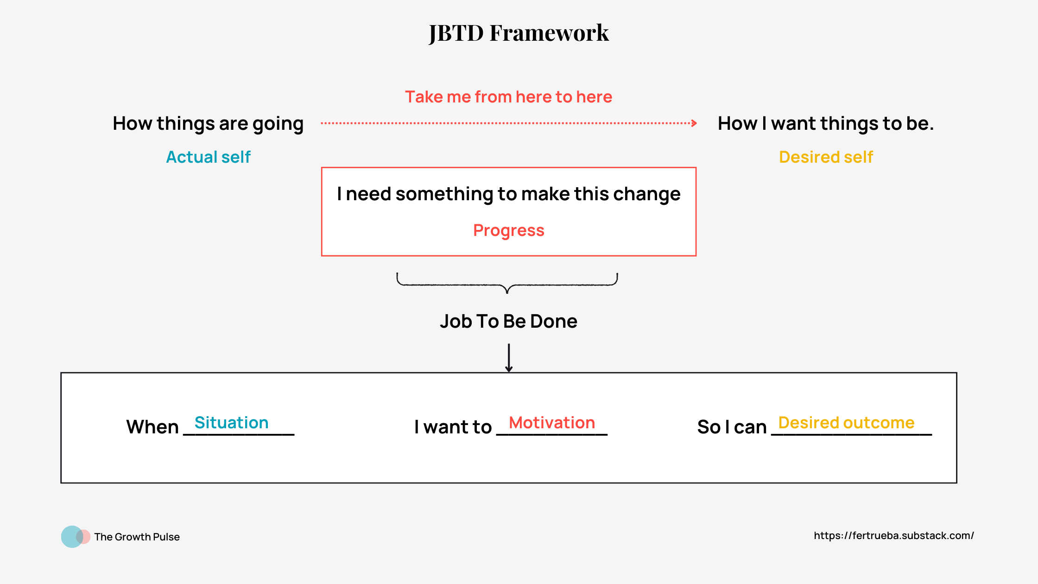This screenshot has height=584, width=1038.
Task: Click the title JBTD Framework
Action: [x=519, y=33]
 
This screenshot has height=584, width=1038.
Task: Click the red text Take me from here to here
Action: [x=508, y=97]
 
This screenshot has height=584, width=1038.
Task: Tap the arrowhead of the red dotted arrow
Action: [x=694, y=123]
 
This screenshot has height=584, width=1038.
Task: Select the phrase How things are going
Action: [x=208, y=124]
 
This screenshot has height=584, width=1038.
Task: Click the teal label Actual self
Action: [x=208, y=157]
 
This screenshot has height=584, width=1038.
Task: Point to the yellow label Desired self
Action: [x=826, y=157]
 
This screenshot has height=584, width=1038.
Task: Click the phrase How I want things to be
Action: [x=825, y=124]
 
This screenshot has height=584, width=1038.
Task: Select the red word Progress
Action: [x=508, y=230]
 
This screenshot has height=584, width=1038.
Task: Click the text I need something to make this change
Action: [x=508, y=194]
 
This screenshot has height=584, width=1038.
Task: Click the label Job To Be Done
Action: [x=508, y=321]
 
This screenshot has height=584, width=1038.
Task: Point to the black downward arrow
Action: [x=509, y=358]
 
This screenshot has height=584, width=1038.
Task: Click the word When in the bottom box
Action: [x=152, y=427]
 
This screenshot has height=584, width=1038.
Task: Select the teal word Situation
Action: [x=231, y=423]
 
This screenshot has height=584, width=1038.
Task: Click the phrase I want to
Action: [x=453, y=427]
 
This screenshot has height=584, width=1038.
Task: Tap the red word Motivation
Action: [x=551, y=423]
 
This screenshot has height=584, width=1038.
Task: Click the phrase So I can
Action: [x=732, y=427]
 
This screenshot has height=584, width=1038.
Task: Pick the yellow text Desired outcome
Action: [x=846, y=423]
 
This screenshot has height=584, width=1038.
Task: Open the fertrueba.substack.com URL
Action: [x=893, y=536]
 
